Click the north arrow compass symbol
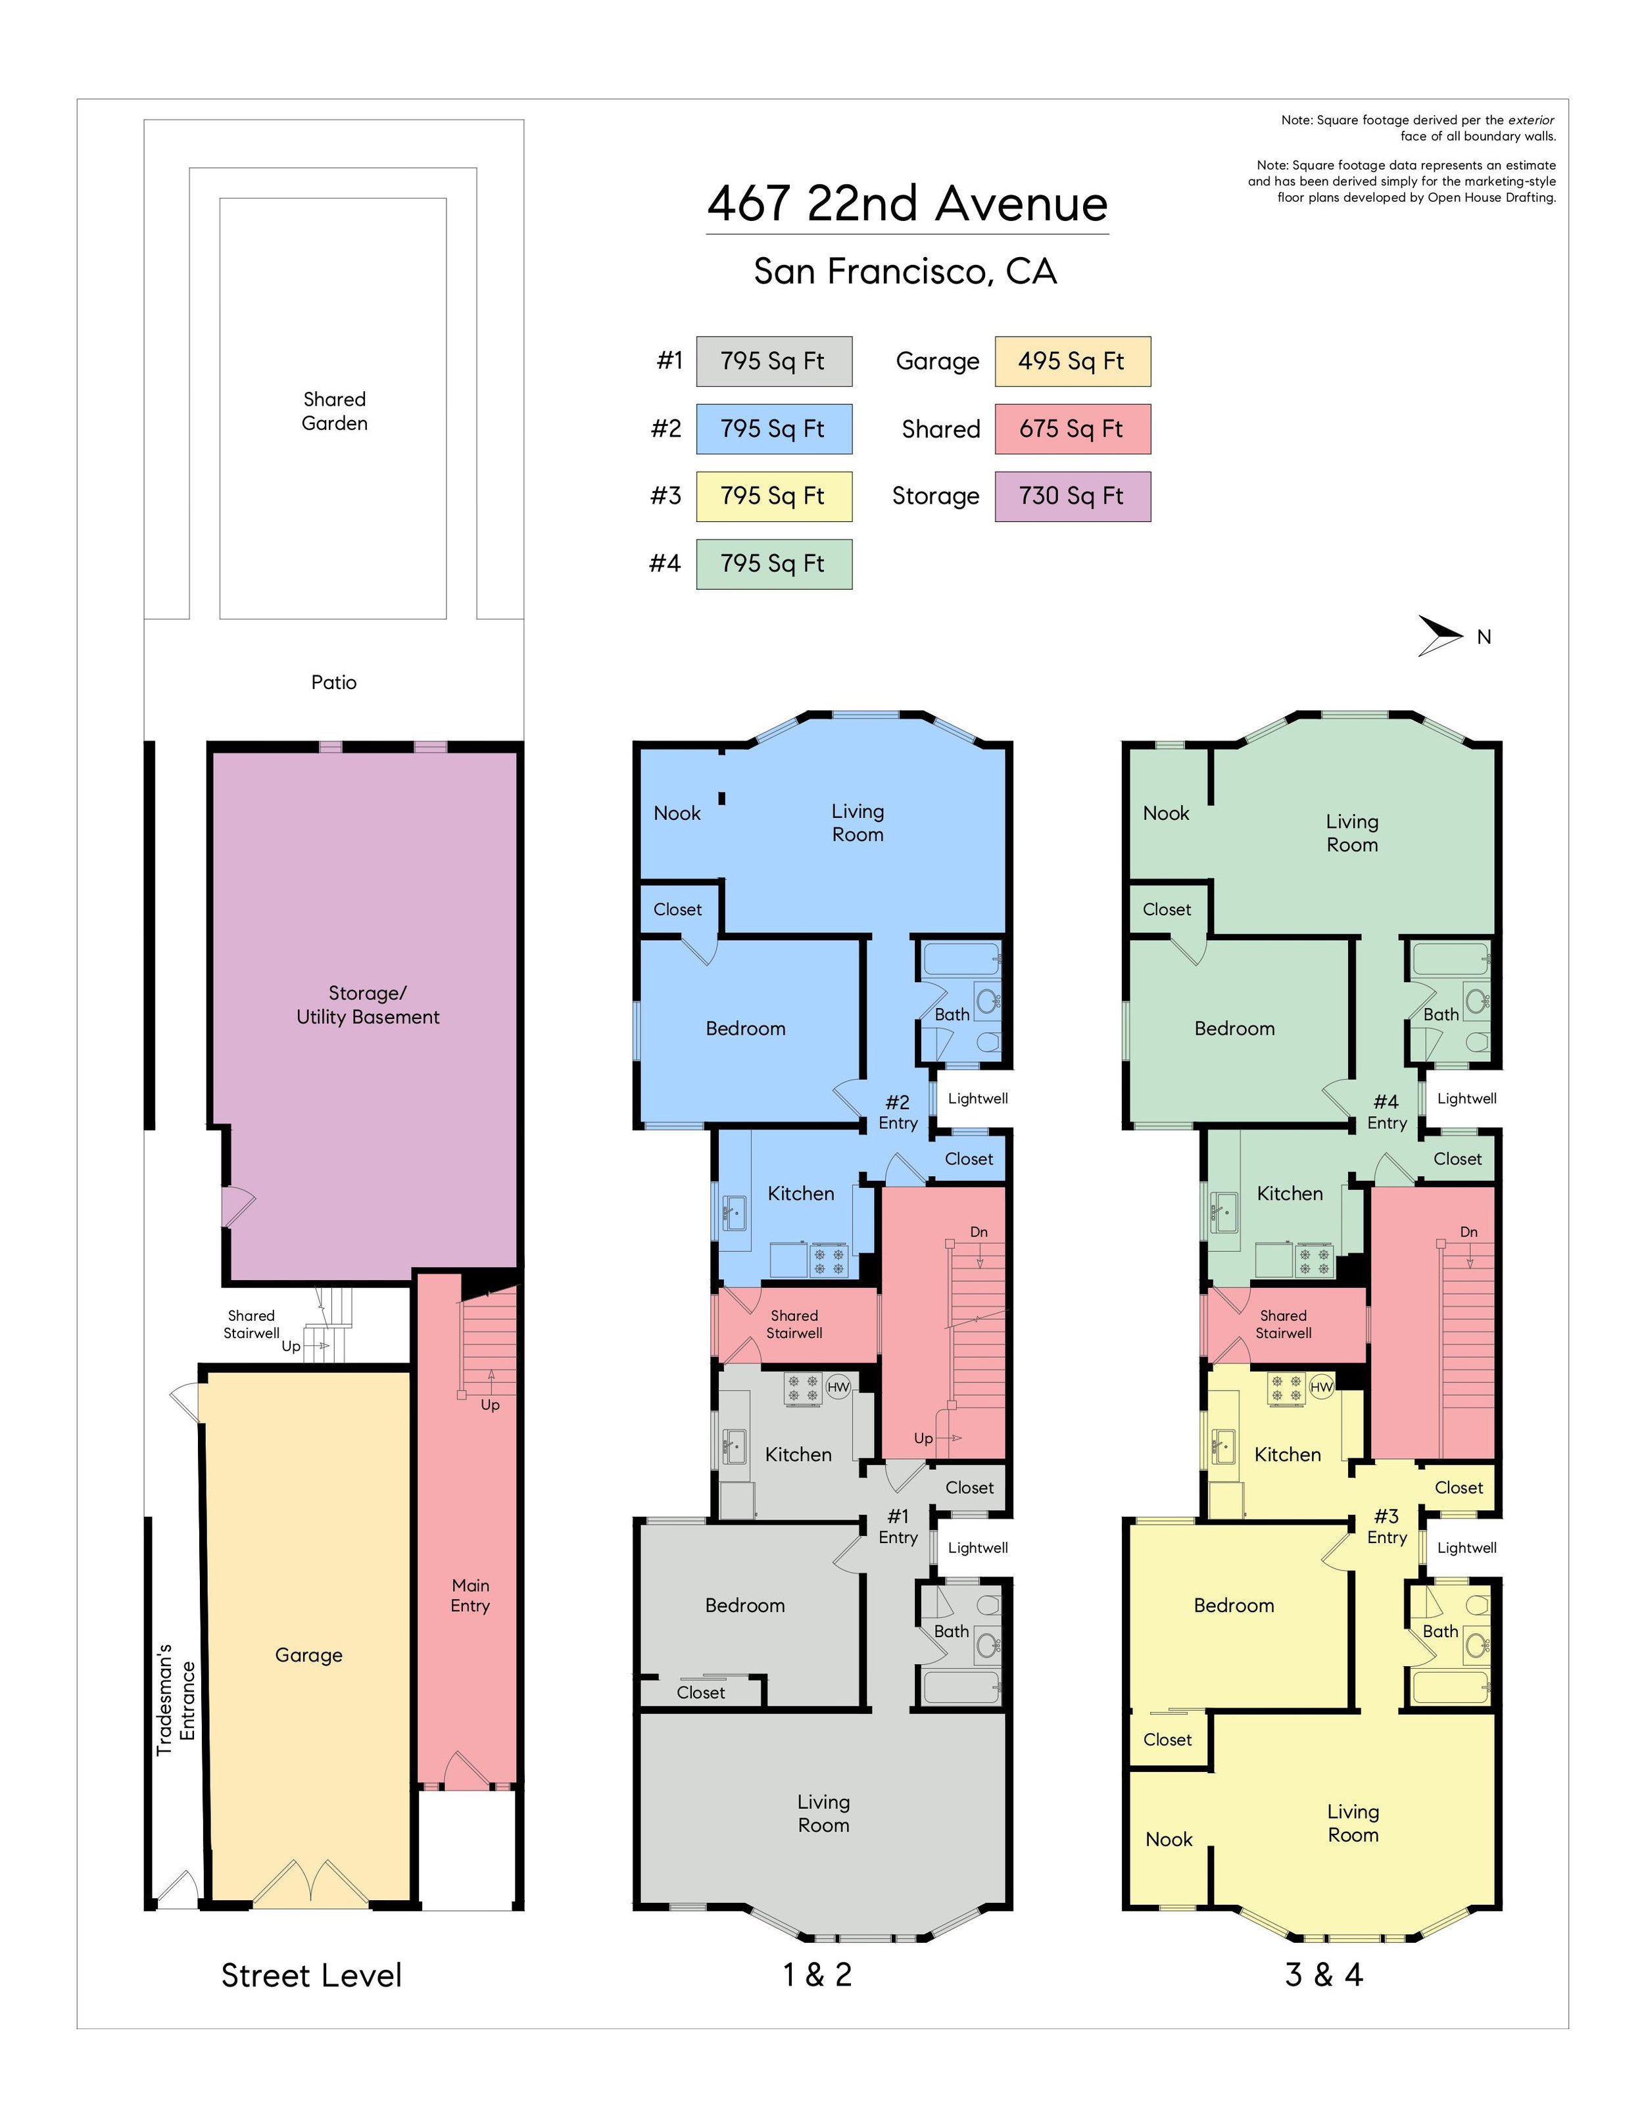[1439, 635]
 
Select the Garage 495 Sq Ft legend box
[1073, 362]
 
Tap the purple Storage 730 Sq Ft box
[1073, 496]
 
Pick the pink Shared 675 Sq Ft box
[1073, 429]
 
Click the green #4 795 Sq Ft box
[774, 564]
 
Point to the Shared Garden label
[334, 411]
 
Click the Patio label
[334, 682]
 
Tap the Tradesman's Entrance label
[176, 1700]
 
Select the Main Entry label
[470, 1595]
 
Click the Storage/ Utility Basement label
[368, 1005]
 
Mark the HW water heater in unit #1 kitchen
[838, 1387]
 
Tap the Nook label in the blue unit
[677, 813]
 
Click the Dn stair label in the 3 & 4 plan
[1468, 1232]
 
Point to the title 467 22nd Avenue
[907, 204]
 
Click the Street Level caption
[312, 1975]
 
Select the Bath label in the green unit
[1441, 1014]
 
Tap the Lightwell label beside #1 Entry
[978, 1548]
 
